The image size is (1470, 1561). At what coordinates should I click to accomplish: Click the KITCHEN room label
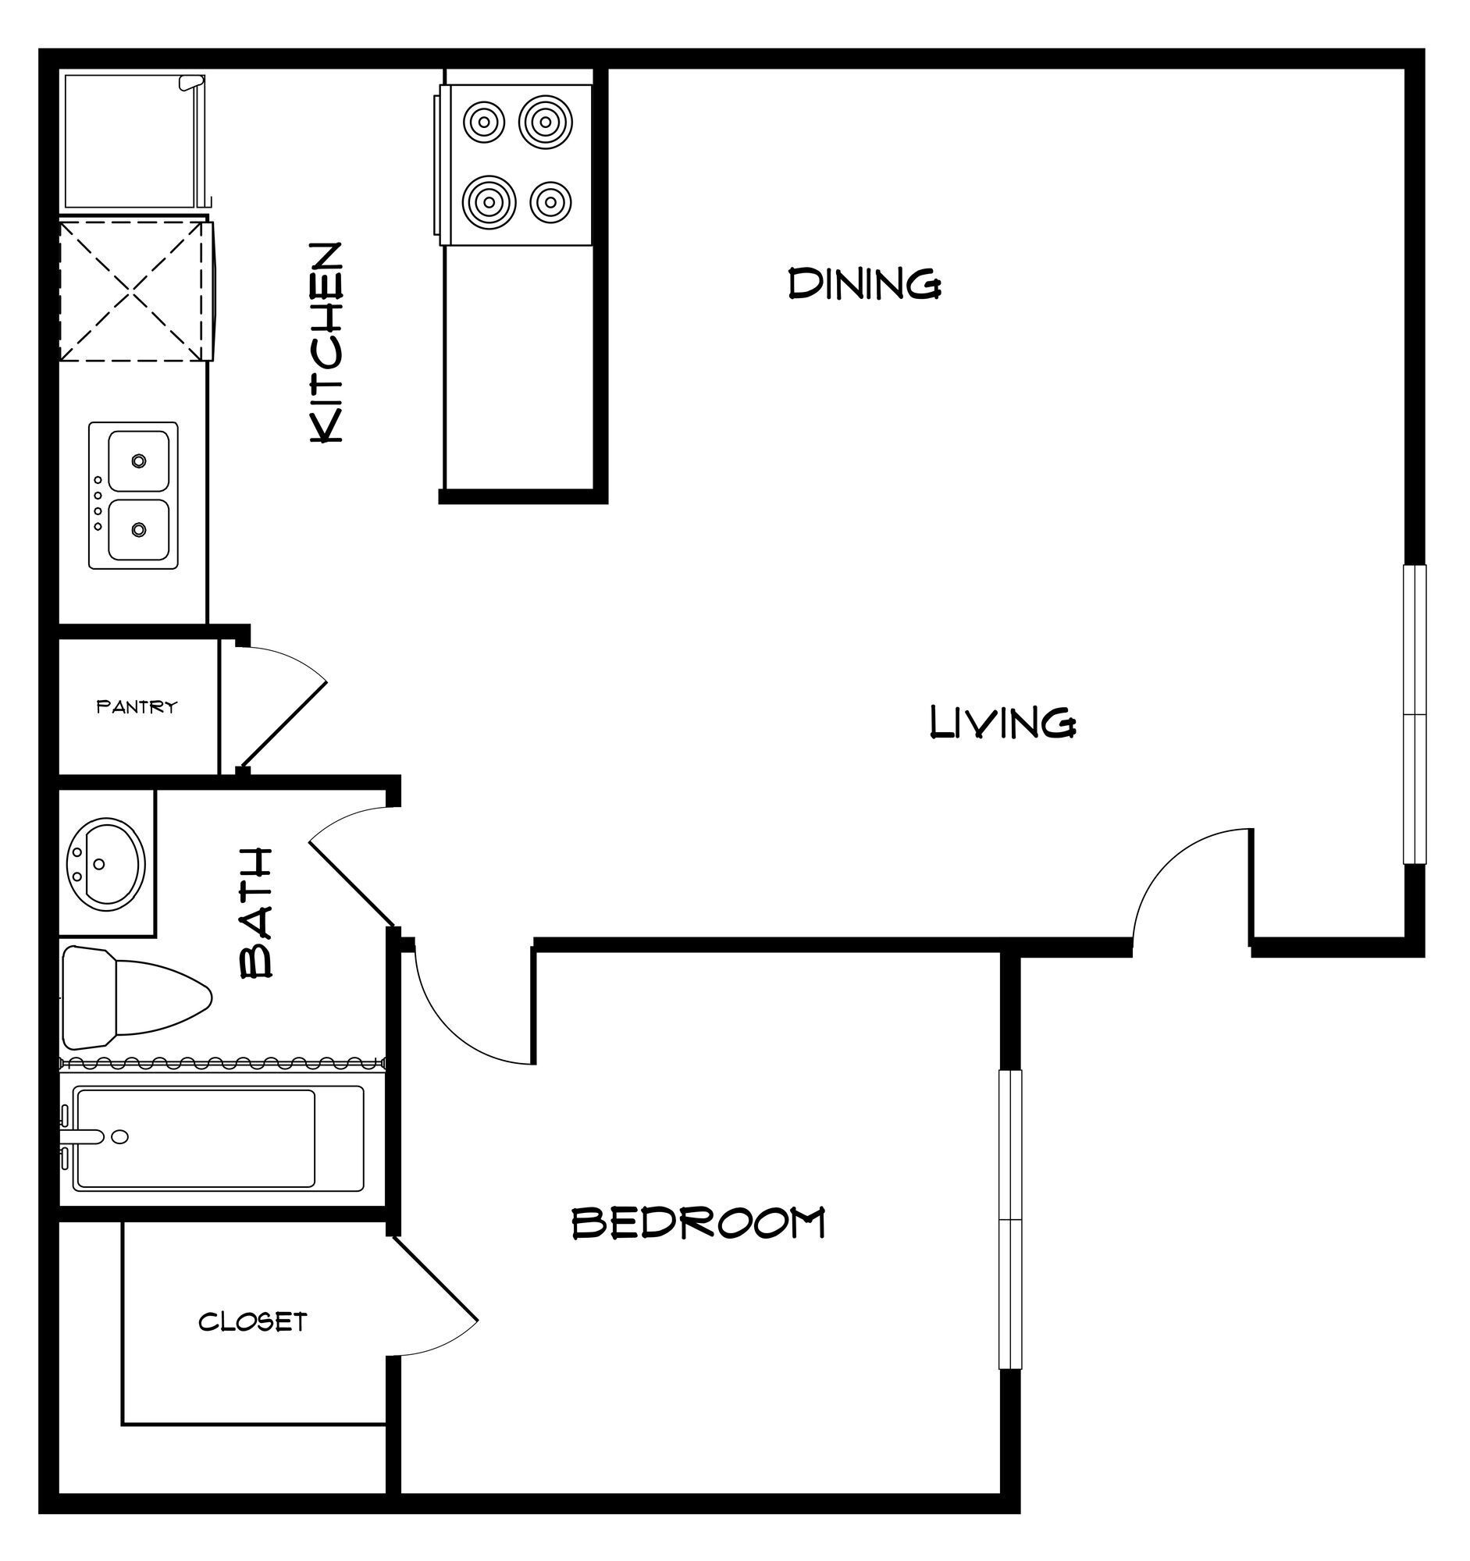tap(326, 343)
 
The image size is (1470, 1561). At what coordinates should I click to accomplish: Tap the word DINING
tap(863, 283)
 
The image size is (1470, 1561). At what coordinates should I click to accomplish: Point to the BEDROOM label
tap(698, 1223)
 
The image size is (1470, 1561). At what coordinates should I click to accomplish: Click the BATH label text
tap(257, 913)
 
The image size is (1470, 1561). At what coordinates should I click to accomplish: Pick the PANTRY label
tap(137, 706)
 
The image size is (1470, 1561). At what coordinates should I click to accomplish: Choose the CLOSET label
tap(252, 1322)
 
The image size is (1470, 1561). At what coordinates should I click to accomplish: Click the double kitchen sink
tap(133, 496)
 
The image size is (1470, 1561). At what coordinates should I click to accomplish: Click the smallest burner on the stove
tap(550, 203)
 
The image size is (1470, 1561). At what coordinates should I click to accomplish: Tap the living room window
tap(1414, 714)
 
